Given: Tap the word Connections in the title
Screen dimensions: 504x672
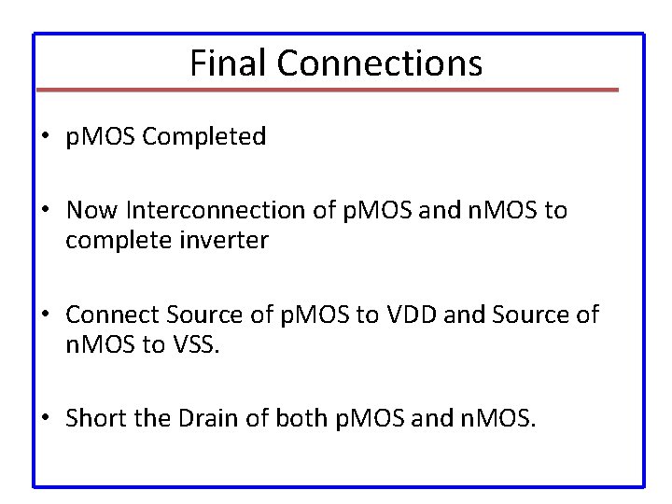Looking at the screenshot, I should click(x=380, y=63).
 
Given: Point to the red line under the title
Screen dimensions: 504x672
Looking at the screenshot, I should click(x=327, y=91).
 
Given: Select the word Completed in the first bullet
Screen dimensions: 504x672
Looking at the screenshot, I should click(x=211, y=137).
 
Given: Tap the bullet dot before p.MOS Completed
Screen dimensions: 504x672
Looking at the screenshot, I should click(x=47, y=138).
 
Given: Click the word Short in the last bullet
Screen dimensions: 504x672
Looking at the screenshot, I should click(x=92, y=419).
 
